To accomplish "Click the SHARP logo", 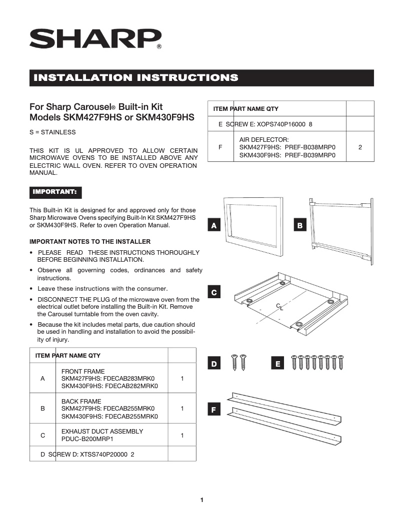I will [x=95, y=38].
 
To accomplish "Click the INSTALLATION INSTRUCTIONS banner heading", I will [x=135, y=78].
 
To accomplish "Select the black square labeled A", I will [x=214, y=226].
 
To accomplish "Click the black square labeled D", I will [x=214, y=364].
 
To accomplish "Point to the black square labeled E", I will [x=277, y=364].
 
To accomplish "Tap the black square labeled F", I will [x=214, y=410].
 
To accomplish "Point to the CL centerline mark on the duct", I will [x=279, y=306].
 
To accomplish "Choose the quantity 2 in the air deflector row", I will [x=360, y=148].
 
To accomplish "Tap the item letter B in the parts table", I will [x=42, y=409].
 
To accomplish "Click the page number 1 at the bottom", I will [x=201, y=500].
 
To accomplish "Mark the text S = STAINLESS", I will [x=52, y=132].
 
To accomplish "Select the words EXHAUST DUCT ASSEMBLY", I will [x=102, y=431].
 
